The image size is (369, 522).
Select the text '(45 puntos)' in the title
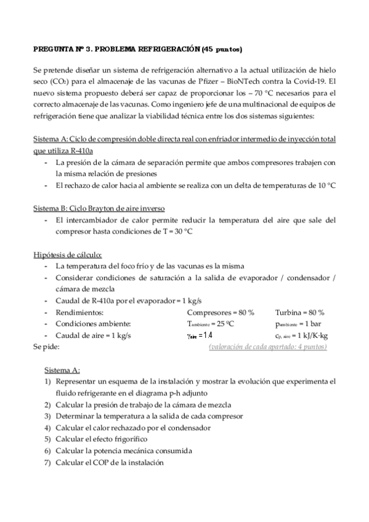click(221, 49)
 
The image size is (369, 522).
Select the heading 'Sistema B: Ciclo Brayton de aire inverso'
click(98, 207)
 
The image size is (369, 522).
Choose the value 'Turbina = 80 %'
click(300, 312)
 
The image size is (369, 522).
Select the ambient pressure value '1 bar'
click(317, 324)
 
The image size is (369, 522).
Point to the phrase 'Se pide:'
click(46, 347)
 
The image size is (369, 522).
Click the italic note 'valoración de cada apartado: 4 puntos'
click(268, 347)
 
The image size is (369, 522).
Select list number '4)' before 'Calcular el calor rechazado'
click(47, 428)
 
